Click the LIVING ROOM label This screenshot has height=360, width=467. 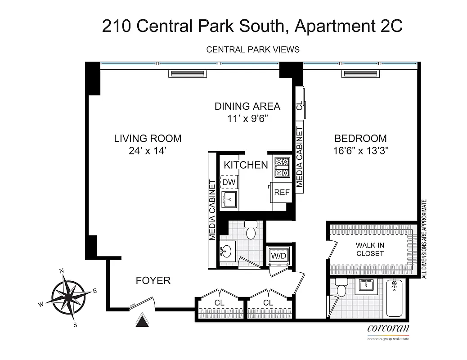point(147,139)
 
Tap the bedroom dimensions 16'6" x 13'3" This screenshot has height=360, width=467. point(360,151)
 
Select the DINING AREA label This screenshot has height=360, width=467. point(247,107)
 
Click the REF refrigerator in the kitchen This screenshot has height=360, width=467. point(282,192)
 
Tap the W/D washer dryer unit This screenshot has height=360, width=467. point(278,256)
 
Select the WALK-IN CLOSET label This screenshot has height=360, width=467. point(370,249)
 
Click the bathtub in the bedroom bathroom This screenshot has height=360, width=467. point(395,297)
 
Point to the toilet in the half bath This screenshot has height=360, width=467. point(250,231)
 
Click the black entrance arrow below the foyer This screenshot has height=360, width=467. point(142,321)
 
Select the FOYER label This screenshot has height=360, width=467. point(153,281)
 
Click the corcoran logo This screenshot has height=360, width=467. point(388,328)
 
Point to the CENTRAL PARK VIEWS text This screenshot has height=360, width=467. point(252,49)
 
